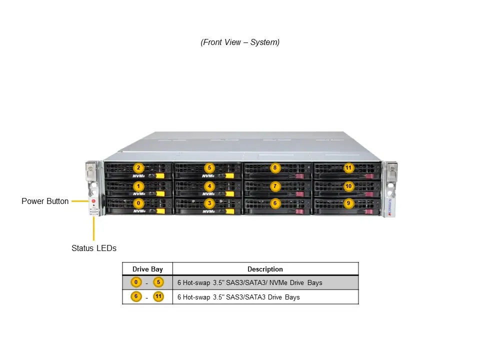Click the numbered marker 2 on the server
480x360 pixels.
[138, 168]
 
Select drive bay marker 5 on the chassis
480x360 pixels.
[209, 168]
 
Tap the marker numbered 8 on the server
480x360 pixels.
[274, 168]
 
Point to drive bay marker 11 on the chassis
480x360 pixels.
[348, 168]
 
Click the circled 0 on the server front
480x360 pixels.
[138, 203]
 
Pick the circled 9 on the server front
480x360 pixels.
[348, 203]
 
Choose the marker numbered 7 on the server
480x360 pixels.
[274, 186]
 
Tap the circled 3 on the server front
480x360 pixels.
[209, 203]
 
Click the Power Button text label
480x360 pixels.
[45, 201]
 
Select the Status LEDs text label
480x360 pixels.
[93, 248]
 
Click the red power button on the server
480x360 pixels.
[93, 201]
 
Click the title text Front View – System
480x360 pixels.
[240, 42]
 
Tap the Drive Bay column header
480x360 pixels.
[147, 269]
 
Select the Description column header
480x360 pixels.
[265, 269]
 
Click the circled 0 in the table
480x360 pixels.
[136, 282]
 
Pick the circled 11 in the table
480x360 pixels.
[158, 296]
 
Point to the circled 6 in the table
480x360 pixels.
[136, 296]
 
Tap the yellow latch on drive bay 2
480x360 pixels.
[160, 176]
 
